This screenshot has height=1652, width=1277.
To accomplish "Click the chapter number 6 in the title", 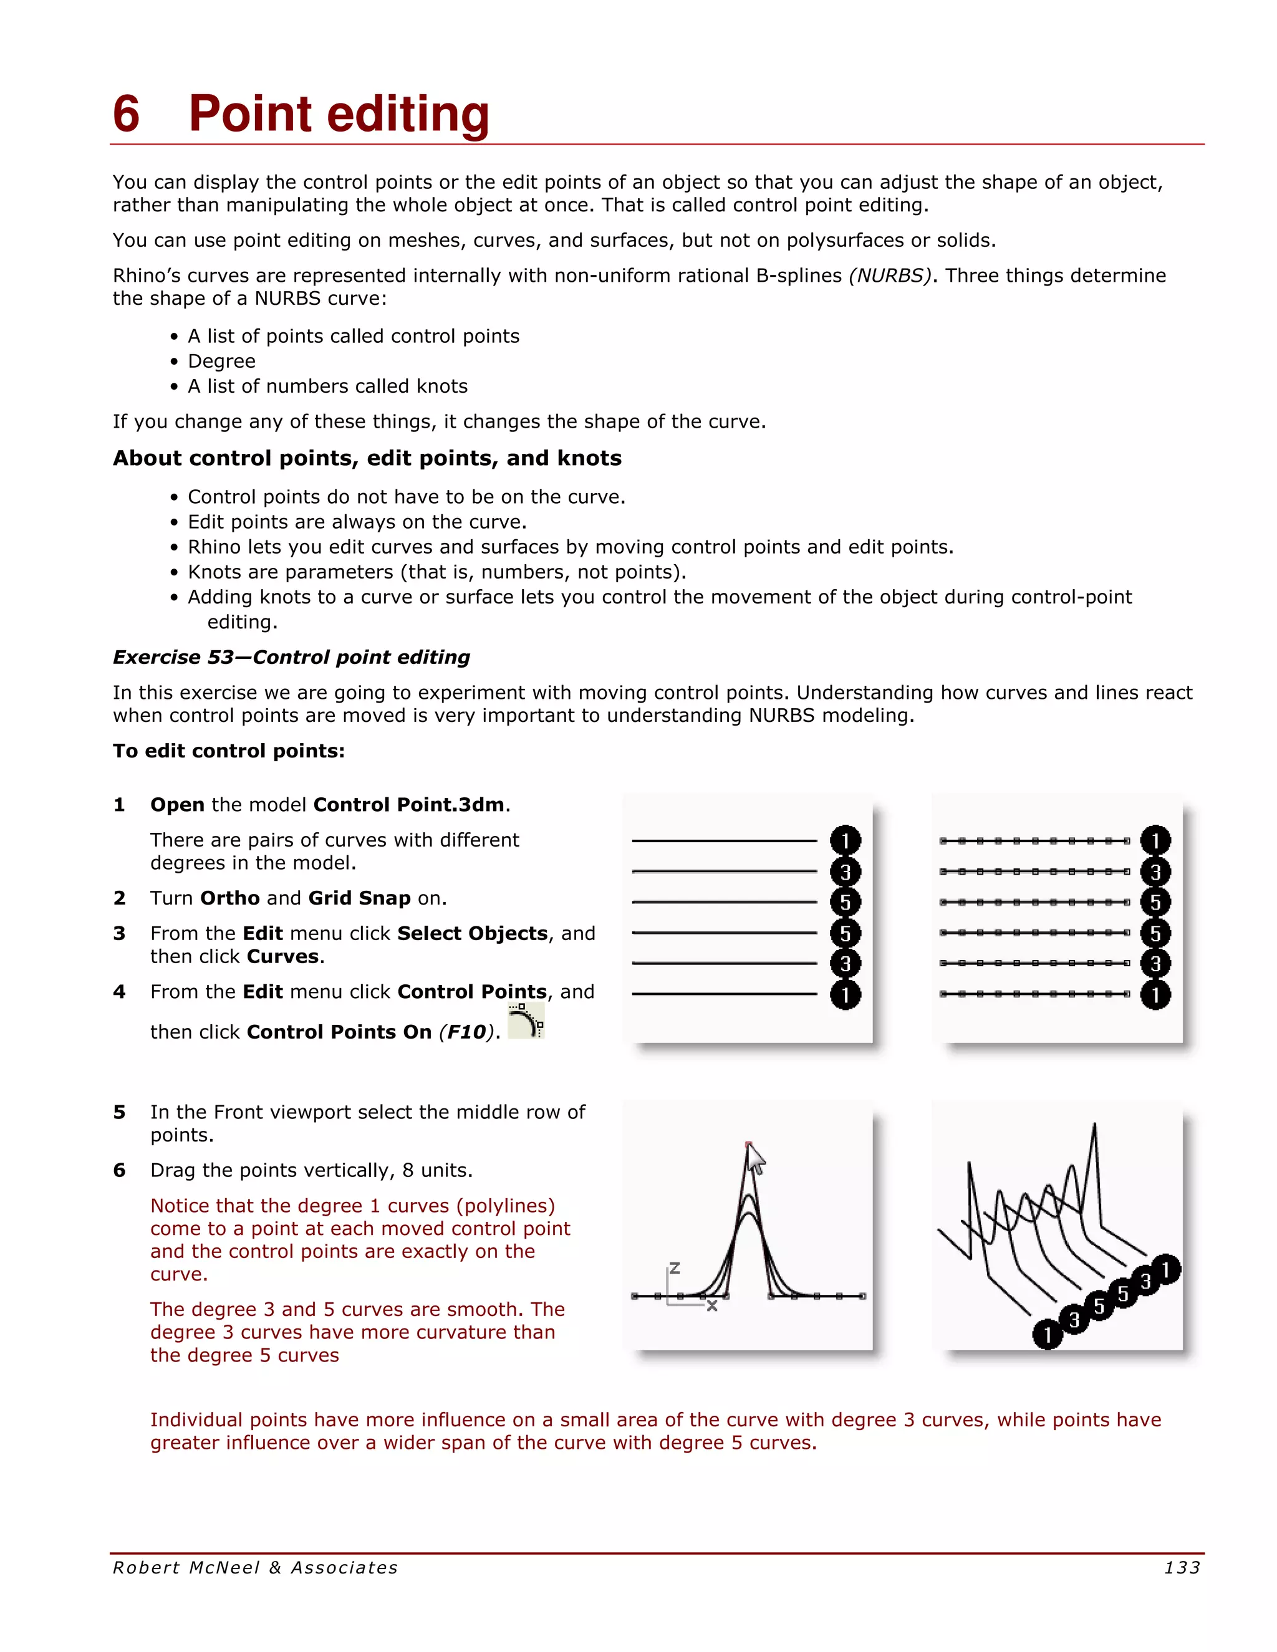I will [x=127, y=114].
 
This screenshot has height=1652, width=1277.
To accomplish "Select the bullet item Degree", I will [x=221, y=362].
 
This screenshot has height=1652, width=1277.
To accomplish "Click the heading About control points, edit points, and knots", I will [x=367, y=458].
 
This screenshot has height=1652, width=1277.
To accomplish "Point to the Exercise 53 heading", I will [x=291, y=657].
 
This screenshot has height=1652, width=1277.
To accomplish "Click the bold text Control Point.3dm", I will [x=408, y=805].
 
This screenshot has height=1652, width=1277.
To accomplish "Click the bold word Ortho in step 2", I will [x=230, y=898].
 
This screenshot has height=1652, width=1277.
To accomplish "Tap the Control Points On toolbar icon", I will [x=526, y=1021].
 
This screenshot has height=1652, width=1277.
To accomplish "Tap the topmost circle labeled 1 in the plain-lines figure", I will [x=845, y=841].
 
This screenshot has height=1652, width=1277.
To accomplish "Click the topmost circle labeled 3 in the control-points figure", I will [x=1155, y=872].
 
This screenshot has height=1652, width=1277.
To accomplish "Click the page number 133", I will [x=1182, y=1568].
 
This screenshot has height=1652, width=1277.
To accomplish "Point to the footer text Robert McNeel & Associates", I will [x=255, y=1568].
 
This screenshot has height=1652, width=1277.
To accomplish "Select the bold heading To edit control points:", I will [x=228, y=751].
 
